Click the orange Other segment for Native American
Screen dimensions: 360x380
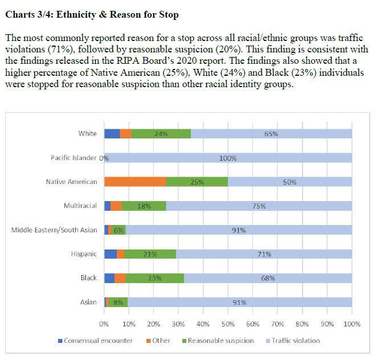135,182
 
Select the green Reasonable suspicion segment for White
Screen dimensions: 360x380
161,134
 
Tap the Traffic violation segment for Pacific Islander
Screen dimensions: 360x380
228,158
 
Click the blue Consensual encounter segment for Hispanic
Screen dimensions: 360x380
111,254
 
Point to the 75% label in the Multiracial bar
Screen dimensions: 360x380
259,206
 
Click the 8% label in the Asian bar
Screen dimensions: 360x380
118,302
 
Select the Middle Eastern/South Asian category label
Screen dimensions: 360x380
54,230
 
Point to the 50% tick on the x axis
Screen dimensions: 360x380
228,324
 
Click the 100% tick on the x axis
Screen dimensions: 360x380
352,324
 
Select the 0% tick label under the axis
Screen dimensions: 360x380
104,324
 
